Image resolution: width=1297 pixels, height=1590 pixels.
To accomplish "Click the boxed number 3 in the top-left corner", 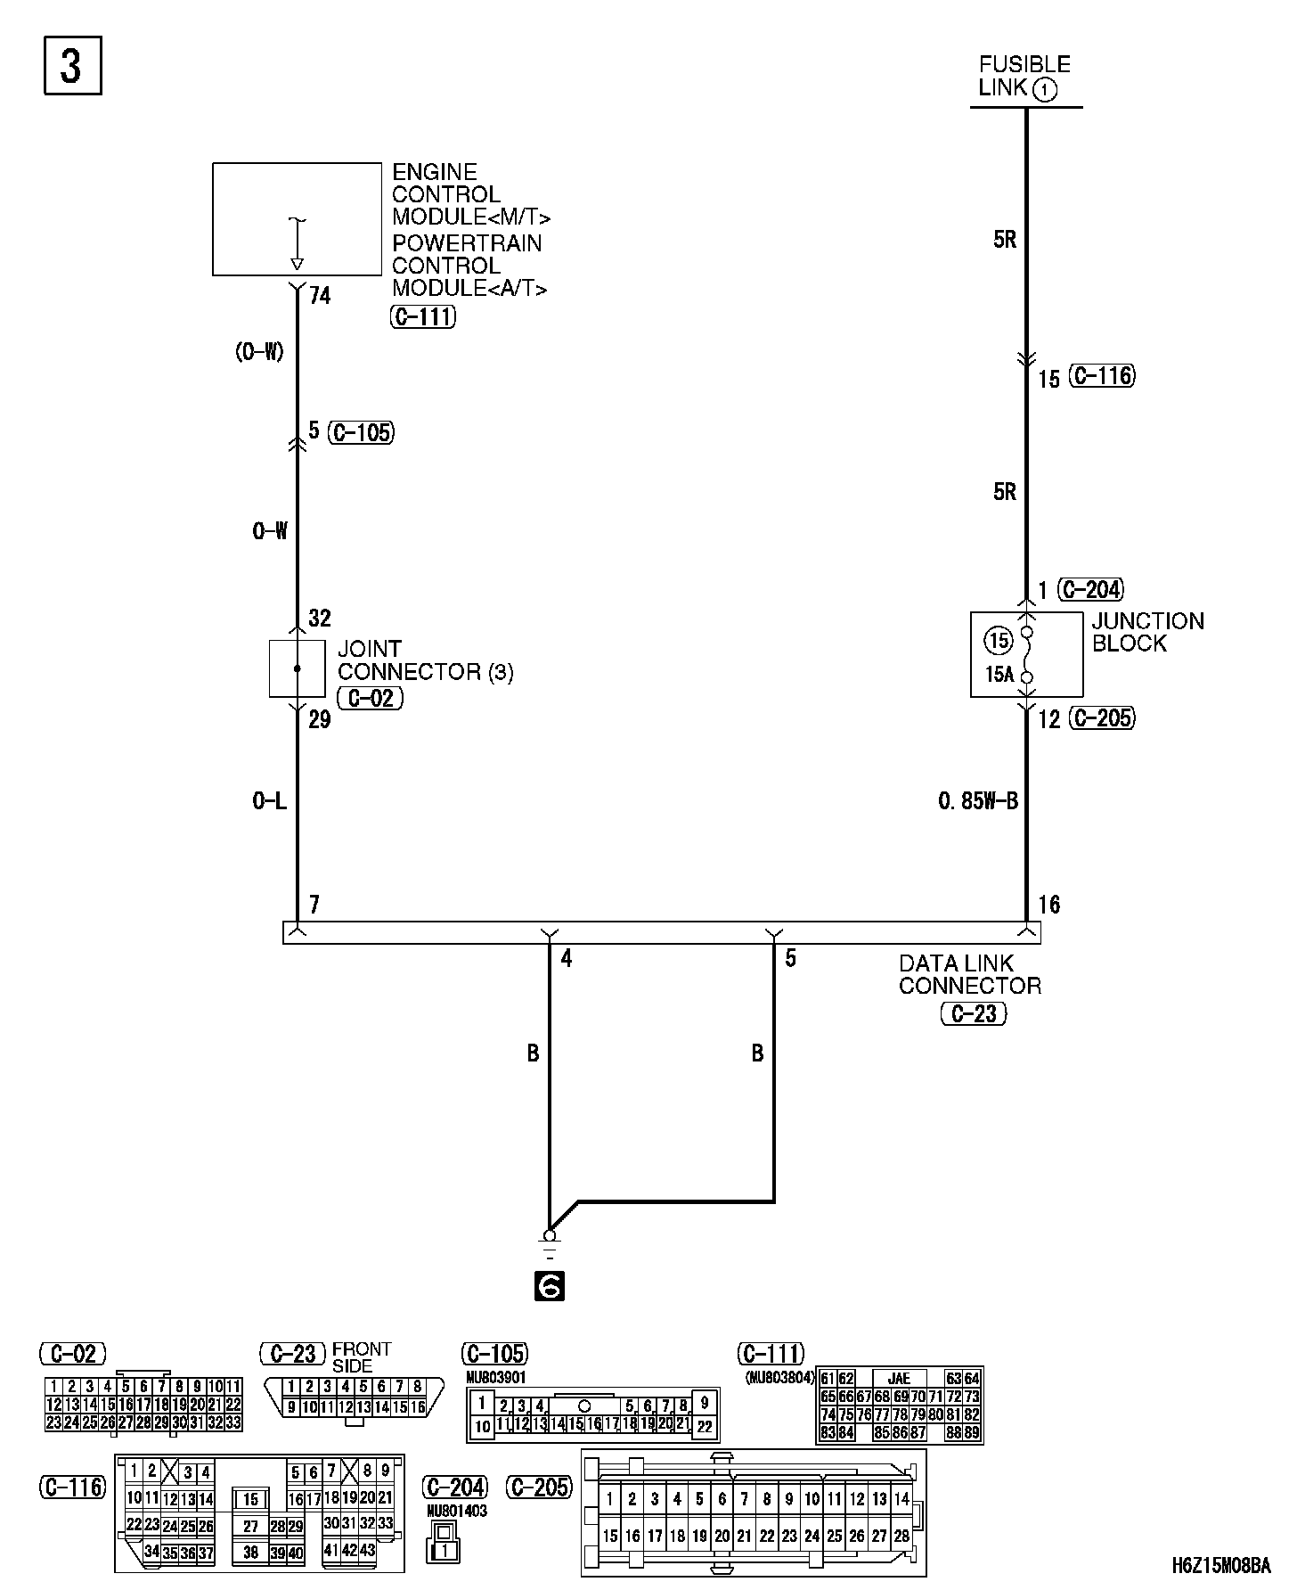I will (72, 65).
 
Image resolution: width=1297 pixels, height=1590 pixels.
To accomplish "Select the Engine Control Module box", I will (297, 218).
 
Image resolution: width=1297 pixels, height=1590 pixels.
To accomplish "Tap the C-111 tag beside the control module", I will (423, 316).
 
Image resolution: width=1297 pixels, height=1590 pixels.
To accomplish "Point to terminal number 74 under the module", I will (320, 295).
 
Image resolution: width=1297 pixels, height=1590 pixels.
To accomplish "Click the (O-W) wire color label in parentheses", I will (259, 352).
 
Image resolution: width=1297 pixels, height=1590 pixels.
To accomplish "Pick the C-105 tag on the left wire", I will (361, 432).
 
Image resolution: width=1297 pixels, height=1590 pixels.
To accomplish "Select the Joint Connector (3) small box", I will (297, 668).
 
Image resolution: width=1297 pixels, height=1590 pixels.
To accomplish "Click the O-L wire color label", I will (269, 801).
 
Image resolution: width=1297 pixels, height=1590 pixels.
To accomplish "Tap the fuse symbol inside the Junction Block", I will (1027, 654).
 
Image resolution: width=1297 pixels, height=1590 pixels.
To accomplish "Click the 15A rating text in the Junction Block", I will (999, 675).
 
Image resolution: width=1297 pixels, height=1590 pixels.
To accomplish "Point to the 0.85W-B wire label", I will (977, 801).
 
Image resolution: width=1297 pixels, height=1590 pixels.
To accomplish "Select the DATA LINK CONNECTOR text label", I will (969, 974).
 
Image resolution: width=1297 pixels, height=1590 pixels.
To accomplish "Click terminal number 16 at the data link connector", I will (1049, 905).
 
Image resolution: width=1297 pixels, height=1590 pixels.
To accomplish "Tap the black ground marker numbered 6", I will (550, 1286).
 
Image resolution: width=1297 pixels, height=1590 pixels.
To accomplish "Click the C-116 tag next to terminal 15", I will (1103, 376).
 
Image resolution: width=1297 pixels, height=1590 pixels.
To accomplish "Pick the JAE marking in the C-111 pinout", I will (899, 1378).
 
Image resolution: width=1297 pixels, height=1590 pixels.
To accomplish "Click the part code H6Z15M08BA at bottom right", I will (1220, 1565).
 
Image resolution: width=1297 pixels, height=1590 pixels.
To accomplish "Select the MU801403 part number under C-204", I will (456, 1511).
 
